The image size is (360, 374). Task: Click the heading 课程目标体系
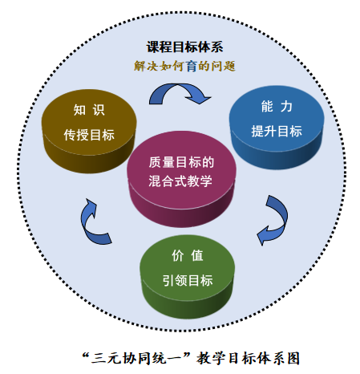(184, 47)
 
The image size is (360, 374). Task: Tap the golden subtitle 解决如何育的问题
(184, 66)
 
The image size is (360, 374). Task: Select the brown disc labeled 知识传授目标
(89, 131)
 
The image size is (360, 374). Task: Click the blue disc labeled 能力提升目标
(277, 128)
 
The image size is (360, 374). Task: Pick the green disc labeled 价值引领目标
(188, 277)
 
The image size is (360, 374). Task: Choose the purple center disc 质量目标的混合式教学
(181, 179)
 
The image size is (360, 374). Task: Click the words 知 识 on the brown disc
(89, 110)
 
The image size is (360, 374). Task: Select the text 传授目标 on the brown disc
(89, 135)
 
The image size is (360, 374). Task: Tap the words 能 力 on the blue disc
(277, 106)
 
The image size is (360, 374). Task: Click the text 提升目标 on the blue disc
(277, 131)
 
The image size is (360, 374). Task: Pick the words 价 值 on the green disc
(188, 255)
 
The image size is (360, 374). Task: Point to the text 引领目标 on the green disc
(188, 280)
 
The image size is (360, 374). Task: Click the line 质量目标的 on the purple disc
(181, 162)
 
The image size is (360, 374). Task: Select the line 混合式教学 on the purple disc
(180, 181)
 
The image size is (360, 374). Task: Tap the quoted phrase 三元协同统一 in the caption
(136, 359)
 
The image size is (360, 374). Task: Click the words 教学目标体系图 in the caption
(248, 359)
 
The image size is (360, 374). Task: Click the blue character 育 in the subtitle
(192, 66)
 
